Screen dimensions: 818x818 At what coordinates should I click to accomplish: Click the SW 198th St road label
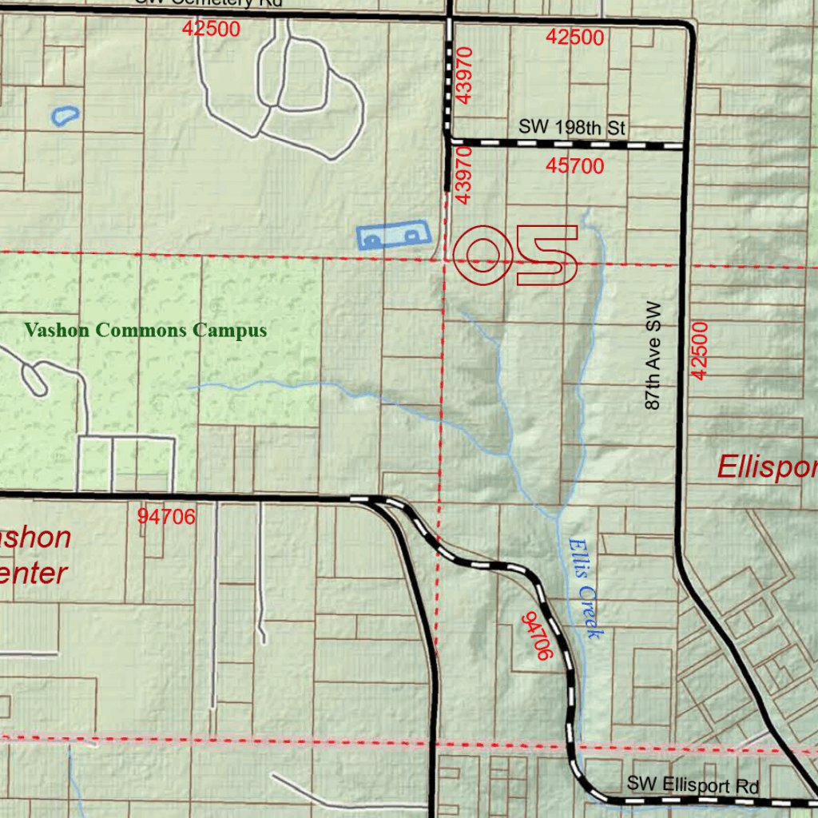pos(572,127)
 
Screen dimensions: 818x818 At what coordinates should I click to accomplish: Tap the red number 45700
pos(575,166)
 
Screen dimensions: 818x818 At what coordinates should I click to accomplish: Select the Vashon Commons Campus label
pos(145,330)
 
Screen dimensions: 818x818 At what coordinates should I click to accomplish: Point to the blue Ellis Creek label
pos(585,588)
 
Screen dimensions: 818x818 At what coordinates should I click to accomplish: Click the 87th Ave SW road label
pos(653,355)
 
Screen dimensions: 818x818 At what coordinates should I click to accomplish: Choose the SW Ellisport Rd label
pos(692,785)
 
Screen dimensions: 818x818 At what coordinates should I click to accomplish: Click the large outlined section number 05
pos(515,255)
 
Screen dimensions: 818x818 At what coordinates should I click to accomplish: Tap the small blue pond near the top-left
pos(65,116)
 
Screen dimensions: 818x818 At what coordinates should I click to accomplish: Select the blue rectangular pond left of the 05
pos(392,236)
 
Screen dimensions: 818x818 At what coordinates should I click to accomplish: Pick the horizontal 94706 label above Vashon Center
pos(166,517)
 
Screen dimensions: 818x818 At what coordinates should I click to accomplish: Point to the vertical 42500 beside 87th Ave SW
pos(700,350)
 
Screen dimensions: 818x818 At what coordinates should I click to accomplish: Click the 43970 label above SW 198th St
pos(467,76)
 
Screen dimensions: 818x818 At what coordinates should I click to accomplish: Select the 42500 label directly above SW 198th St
pos(575,37)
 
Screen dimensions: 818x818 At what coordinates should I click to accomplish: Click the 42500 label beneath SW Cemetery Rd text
pos(211,29)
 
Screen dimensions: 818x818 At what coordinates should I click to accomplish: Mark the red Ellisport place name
pos(767,467)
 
